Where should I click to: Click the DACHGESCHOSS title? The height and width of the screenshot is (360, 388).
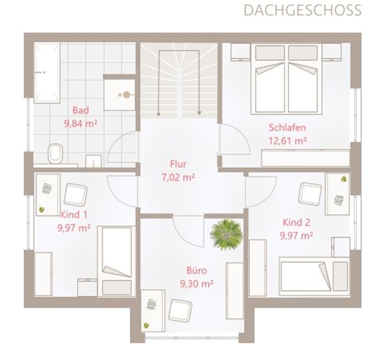pyautogui.click(x=303, y=11)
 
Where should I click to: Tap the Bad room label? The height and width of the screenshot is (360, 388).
pyautogui.click(x=81, y=110)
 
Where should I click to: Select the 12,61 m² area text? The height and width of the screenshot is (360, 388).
pyautogui.click(x=288, y=141)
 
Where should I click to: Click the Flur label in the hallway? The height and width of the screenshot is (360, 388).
pyautogui.click(x=178, y=164)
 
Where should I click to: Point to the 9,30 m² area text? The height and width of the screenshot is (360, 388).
pyautogui.click(x=196, y=284)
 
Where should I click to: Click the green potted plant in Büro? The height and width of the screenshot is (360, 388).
pyautogui.click(x=226, y=234)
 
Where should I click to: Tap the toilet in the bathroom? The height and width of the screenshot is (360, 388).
pyautogui.click(x=55, y=153)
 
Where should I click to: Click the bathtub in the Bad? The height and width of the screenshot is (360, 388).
pyautogui.click(x=47, y=73)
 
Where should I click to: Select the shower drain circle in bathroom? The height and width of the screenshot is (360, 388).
pyautogui.click(x=126, y=95)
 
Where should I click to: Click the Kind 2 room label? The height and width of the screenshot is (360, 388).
pyautogui.click(x=296, y=223)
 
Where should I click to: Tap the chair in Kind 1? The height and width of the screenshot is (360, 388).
pyautogui.click(x=75, y=194)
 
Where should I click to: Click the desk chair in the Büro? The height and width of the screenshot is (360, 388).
pyautogui.click(x=180, y=311)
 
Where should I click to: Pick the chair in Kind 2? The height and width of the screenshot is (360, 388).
pyautogui.click(x=310, y=194)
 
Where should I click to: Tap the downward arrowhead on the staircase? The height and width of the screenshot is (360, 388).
pyautogui.click(x=199, y=113)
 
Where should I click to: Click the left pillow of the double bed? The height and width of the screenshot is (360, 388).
pyautogui.click(x=270, y=53)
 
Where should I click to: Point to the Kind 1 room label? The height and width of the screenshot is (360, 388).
pyautogui.click(x=74, y=215)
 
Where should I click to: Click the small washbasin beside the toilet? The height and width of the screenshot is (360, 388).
pyautogui.click(x=94, y=161)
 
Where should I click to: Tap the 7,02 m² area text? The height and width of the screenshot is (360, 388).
pyautogui.click(x=178, y=177)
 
